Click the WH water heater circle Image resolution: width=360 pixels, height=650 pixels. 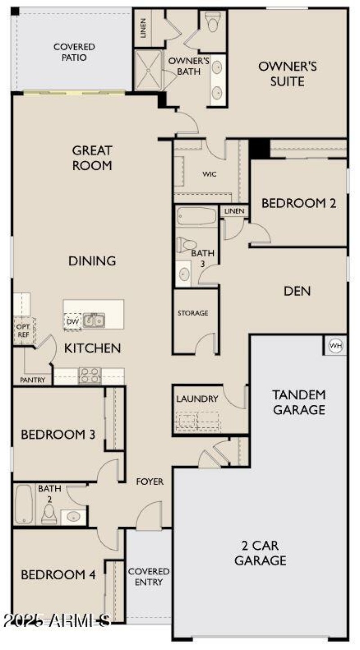pyautogui.click(x=336, y=345)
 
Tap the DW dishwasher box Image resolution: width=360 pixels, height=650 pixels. pyautogui.click(x=72, y=322)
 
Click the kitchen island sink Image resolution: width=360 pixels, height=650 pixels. pyautogui.click(x=94, y=320)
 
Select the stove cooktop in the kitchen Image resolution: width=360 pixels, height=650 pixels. pyautogui.click(x=90, y=376)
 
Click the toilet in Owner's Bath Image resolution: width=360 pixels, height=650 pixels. pyautogui.click(x=212, y=21)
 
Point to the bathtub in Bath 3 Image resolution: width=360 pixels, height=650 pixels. pyautogui.click(x=197, y=216)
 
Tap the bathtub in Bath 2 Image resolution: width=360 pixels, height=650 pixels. pyautogui.click(x=23, y=505)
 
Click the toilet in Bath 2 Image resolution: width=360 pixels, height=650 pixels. pyautogui.click(x=49, y=514)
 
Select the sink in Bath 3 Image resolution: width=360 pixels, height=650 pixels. pyautogui.click(x=184, y=274)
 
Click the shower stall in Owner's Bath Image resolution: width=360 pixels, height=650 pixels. pyautogui.click(x=148, y=70)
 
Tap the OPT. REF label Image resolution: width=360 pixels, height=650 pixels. pyautogui.click(x=23, y=331)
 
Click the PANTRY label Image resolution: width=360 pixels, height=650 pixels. pyautogui.click(x=32, y=380)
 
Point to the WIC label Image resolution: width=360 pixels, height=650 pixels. pyautogui.click(x=209, y=174)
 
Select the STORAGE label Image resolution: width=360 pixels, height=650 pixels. pyautogui.click(x=193, y=313)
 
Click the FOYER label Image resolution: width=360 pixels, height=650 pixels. pyautogui.click(x=150, y=482)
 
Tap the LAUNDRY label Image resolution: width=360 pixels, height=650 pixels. pyautogui.click(x=197, y=399)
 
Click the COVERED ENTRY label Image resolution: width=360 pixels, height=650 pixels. pyautogui.click(x=148, y=577)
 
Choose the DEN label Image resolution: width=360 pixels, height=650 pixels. pyautogui.click(x=297, y=291)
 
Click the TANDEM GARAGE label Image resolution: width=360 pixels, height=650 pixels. pyautogui.click(x=299, y=402)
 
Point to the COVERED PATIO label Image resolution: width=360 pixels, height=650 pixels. pyautogui.click(x=74, y=52)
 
